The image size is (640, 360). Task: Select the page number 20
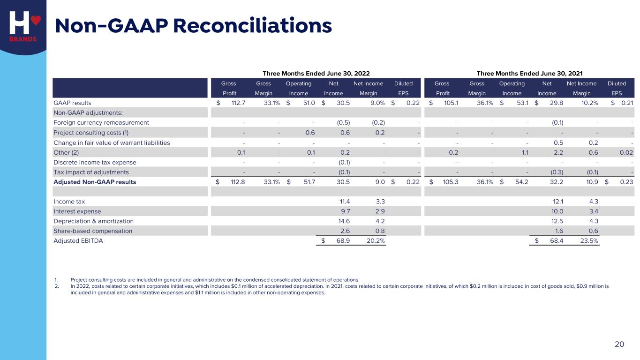[x=619, y=344]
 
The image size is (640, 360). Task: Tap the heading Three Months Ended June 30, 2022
[x=316, y=73]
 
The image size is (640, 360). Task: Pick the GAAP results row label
[x=73, y=103]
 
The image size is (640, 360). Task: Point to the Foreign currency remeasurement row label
[x=101, y=122]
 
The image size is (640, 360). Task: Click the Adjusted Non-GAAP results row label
[x=95, y=182]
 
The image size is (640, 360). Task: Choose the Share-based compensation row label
[x=93, y=231]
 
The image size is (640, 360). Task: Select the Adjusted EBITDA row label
[x=78, y=241]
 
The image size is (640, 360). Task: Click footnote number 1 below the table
[x=56, y=279]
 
